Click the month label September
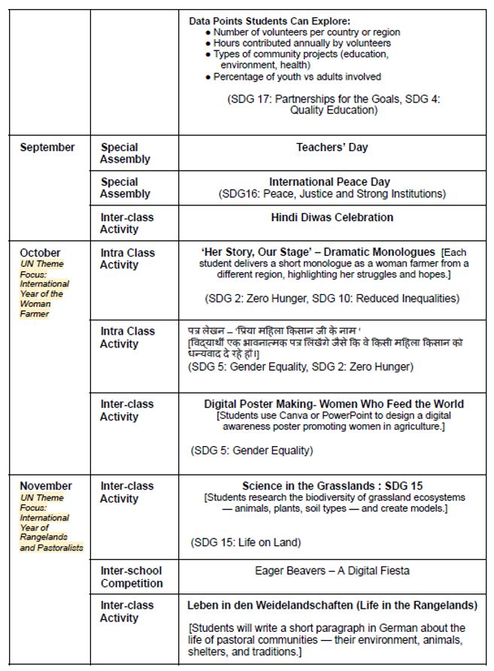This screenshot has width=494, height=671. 47,147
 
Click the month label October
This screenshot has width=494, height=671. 41,253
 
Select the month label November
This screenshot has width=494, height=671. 46,486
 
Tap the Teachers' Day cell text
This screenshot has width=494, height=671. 332,147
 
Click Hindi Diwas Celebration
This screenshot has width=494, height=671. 332,217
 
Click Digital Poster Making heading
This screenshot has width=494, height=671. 334,404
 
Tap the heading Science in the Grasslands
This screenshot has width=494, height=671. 321,486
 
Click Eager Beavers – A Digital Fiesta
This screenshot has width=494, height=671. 332,571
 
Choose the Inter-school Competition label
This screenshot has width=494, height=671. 132,577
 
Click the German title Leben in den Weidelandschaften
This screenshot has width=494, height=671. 332,605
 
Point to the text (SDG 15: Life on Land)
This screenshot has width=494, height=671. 246,542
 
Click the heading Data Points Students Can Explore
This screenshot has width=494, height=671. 280,20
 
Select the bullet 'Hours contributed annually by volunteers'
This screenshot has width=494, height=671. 302,43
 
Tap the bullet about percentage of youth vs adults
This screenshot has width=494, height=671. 297,77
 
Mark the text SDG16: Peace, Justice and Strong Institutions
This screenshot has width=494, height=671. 332,194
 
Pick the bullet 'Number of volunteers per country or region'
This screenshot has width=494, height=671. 306,32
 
